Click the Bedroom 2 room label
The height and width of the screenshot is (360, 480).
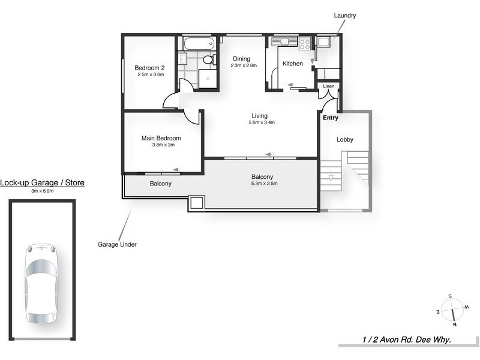[x=150, y=68]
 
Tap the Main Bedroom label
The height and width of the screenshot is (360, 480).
[x=161, y=138]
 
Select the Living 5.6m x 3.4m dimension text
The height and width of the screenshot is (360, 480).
[x=259, y=123]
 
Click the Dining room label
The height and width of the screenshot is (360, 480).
[x=242, y=59]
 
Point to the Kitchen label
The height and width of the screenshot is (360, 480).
[x=293, y=64]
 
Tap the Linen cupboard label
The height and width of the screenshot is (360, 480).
[x=328, y=86]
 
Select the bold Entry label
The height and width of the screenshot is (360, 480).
[x=331, y=118]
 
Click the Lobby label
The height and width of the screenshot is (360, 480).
[x=345, y=139]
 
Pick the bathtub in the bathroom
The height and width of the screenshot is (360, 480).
[x=197, y=44]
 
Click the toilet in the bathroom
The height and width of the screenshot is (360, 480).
[x=208, y=59]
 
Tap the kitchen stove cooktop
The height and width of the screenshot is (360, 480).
[x=304, y=43]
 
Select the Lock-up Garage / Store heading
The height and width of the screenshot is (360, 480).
[x=42, y=183]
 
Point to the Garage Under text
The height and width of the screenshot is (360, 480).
[x=117, y=244]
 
